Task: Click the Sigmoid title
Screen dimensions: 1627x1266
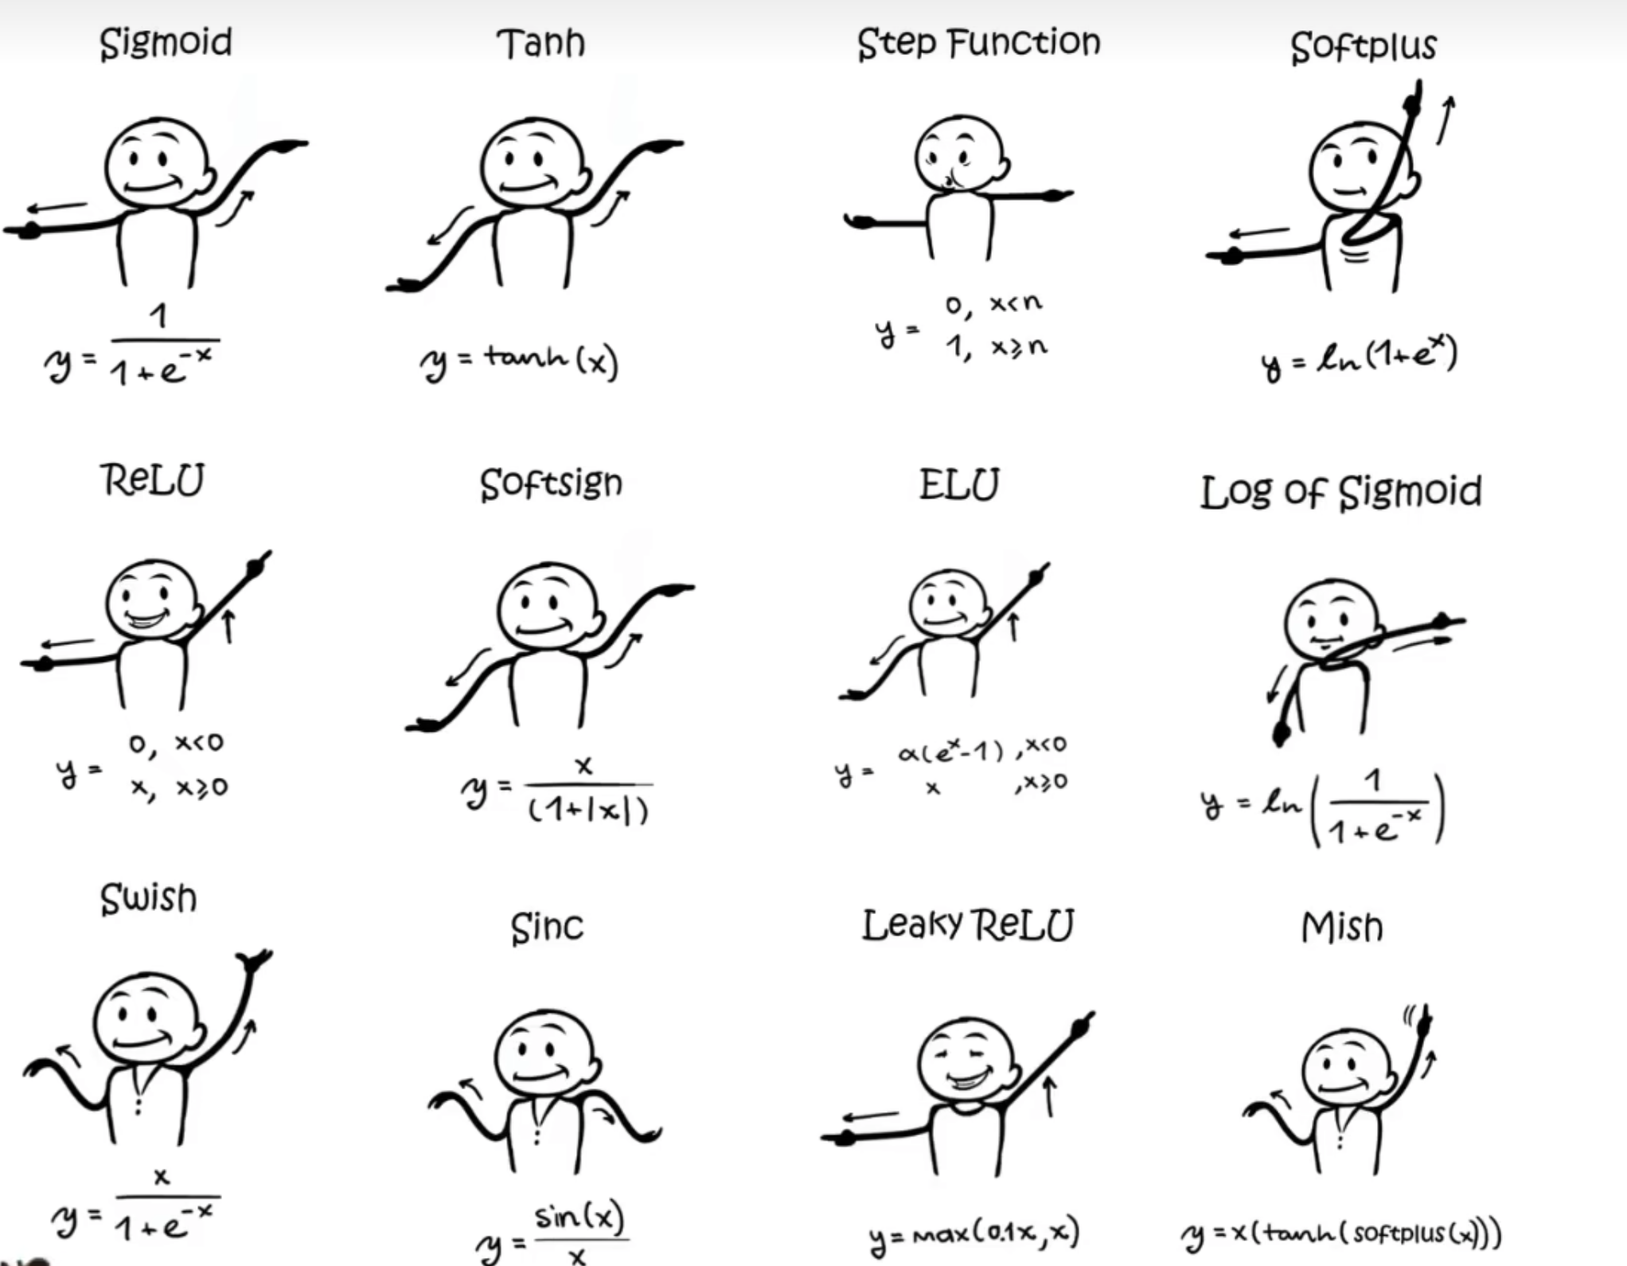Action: [x=166, y=43]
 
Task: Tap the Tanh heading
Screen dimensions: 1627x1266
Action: [x=540, y=43]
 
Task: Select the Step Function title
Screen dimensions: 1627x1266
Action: [x=978, y=43]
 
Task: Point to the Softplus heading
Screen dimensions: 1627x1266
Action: [x=1363, y=47]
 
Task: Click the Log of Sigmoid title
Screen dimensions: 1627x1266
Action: [x=1340, y=492]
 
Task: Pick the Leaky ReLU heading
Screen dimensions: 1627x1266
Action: [x=968, y=925]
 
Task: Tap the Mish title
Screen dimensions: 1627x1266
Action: [x=1342, y=928]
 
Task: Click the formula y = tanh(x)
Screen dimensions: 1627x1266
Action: [x=519, y=362]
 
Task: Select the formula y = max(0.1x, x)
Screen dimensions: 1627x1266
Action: [x=974, y=1233]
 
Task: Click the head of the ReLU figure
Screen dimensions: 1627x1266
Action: [x=151, y=599]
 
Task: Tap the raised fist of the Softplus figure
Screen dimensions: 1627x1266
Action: [x=1414, y=100]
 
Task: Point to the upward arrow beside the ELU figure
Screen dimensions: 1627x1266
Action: [x=1013, y=627]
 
